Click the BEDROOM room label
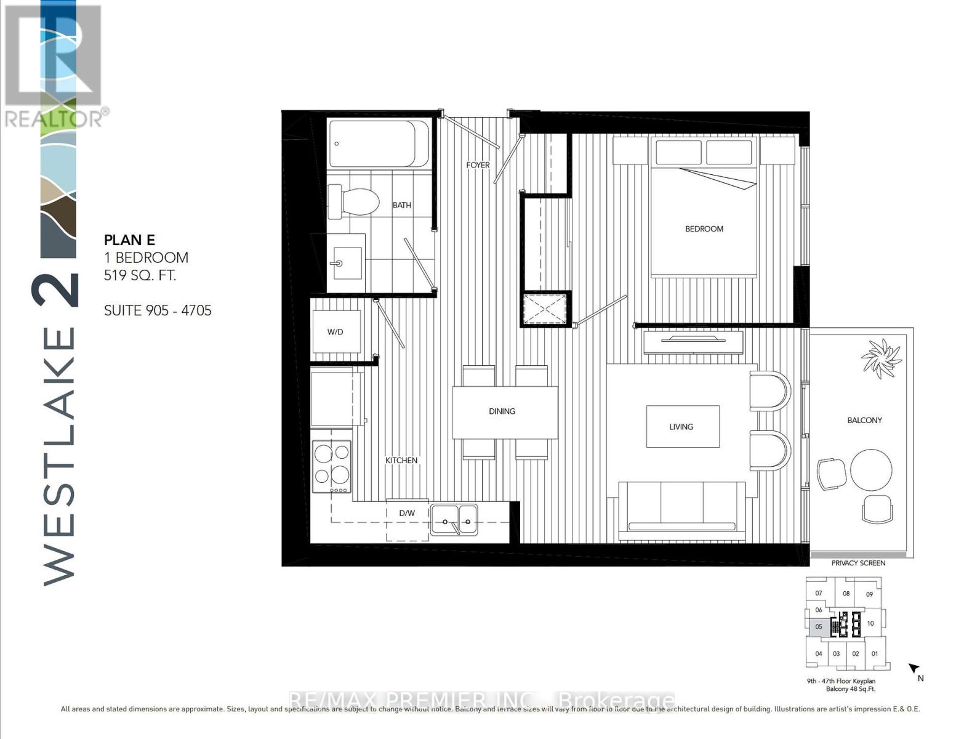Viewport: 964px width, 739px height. click(x=704, y=228)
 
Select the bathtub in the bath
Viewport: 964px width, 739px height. click(x=379, y=143)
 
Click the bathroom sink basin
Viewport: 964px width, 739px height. click(x=345, y=262)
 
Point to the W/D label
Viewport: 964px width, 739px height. click(x=335, y=332)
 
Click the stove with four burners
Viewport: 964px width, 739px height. click(x=331, y=466)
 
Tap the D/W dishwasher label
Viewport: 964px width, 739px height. click(x=407, y=513)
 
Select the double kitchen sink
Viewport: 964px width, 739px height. click(x=454, y=520)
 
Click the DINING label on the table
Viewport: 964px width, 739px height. click(x=502, y=411)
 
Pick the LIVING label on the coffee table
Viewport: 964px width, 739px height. click(x=681, y=426)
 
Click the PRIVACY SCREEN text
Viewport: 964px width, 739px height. click(x=858, y=563)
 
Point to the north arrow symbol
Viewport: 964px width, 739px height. click(x=914, y=668)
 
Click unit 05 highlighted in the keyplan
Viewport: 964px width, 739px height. click(x=819, y=626)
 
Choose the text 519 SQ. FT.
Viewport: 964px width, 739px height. click(x=140, y=275)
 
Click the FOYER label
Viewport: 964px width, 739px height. click(x=478, y=165)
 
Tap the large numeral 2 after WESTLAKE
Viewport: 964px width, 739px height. click(x=57, y=289)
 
